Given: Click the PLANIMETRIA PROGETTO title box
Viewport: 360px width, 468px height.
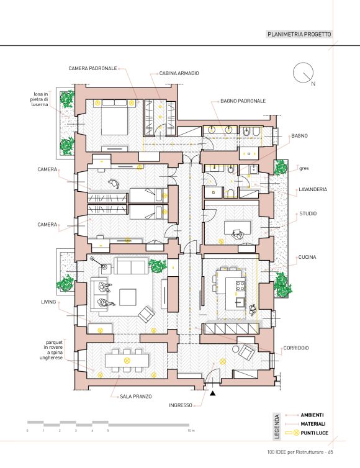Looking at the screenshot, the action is coord(299,34).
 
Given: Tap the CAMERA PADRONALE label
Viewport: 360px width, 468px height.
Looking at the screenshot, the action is coord(92,68).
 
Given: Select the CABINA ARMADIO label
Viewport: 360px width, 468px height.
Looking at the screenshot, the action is coord(179,73).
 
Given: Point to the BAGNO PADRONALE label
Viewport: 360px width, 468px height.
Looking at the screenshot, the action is coord(243,101).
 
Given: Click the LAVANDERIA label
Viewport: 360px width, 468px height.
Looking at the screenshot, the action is coord(313,189).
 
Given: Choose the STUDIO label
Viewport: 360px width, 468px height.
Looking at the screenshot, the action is coord(308,214).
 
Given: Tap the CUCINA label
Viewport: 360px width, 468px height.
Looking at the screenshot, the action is coord(307,257).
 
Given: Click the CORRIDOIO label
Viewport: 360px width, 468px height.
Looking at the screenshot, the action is coord(296,348).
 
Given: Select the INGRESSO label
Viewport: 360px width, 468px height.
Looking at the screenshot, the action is coord(181,405).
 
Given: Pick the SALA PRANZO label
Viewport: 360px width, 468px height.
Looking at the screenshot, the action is coord(136,397).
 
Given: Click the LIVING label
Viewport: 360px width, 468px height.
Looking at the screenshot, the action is coord(48,302).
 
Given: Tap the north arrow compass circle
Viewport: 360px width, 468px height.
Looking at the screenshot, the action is coord(304,73).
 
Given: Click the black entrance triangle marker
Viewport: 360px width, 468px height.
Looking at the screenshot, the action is coord(212,394).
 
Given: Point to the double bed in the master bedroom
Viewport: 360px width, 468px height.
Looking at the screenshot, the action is coord(115,117).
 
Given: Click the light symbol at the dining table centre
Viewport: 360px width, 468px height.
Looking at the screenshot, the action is coord(127,360).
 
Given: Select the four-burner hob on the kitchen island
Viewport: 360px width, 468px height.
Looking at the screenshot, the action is coord(240,286).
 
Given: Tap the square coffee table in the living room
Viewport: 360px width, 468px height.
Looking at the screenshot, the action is coord(128,297).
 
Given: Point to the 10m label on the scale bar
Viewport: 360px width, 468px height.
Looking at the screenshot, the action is coord(191,431).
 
